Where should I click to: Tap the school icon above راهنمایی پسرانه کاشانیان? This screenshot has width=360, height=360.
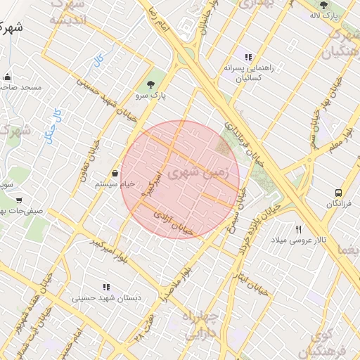[x=247, y=57]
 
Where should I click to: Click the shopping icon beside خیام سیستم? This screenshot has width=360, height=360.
[x=115, y=173]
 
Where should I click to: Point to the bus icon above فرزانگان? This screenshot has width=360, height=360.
[x=339, y=191]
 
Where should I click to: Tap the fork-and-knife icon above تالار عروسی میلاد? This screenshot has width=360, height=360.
[x=299, y=229]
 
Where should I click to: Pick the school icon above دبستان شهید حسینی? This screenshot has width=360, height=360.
[x=106, y=287]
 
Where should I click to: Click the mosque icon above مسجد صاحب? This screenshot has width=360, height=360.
[x=8, y=77]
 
